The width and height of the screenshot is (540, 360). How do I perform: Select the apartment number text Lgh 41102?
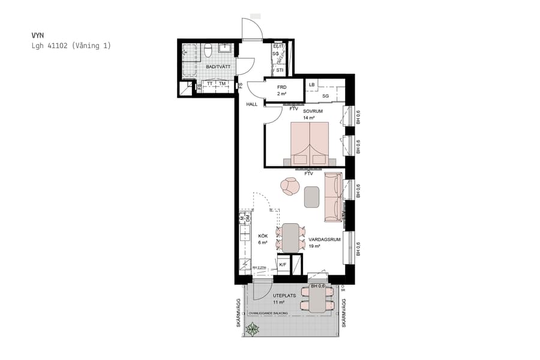[x=49, y=46]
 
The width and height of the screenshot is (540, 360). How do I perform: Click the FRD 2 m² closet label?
[x=281, y=91]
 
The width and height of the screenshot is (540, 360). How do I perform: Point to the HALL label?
[x=251, y=104]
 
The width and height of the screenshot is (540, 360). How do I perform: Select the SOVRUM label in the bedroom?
[x=313, y=112]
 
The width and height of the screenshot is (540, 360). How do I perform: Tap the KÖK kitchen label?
[x=262, y=236]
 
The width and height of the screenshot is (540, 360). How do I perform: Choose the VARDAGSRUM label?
[x=325, y=239]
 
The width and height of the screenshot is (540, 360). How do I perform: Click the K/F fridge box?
[x=283, y=264]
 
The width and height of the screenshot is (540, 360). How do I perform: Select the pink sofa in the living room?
[x=332, y=196]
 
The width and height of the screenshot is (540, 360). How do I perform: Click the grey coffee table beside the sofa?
[x=311, y=197]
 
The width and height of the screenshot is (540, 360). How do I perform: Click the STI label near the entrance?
[x=280, y=70]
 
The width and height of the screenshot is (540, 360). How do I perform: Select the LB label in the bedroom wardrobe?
[x=311, y=85]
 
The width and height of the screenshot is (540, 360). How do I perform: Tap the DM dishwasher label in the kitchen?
[x=247, y=219]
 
